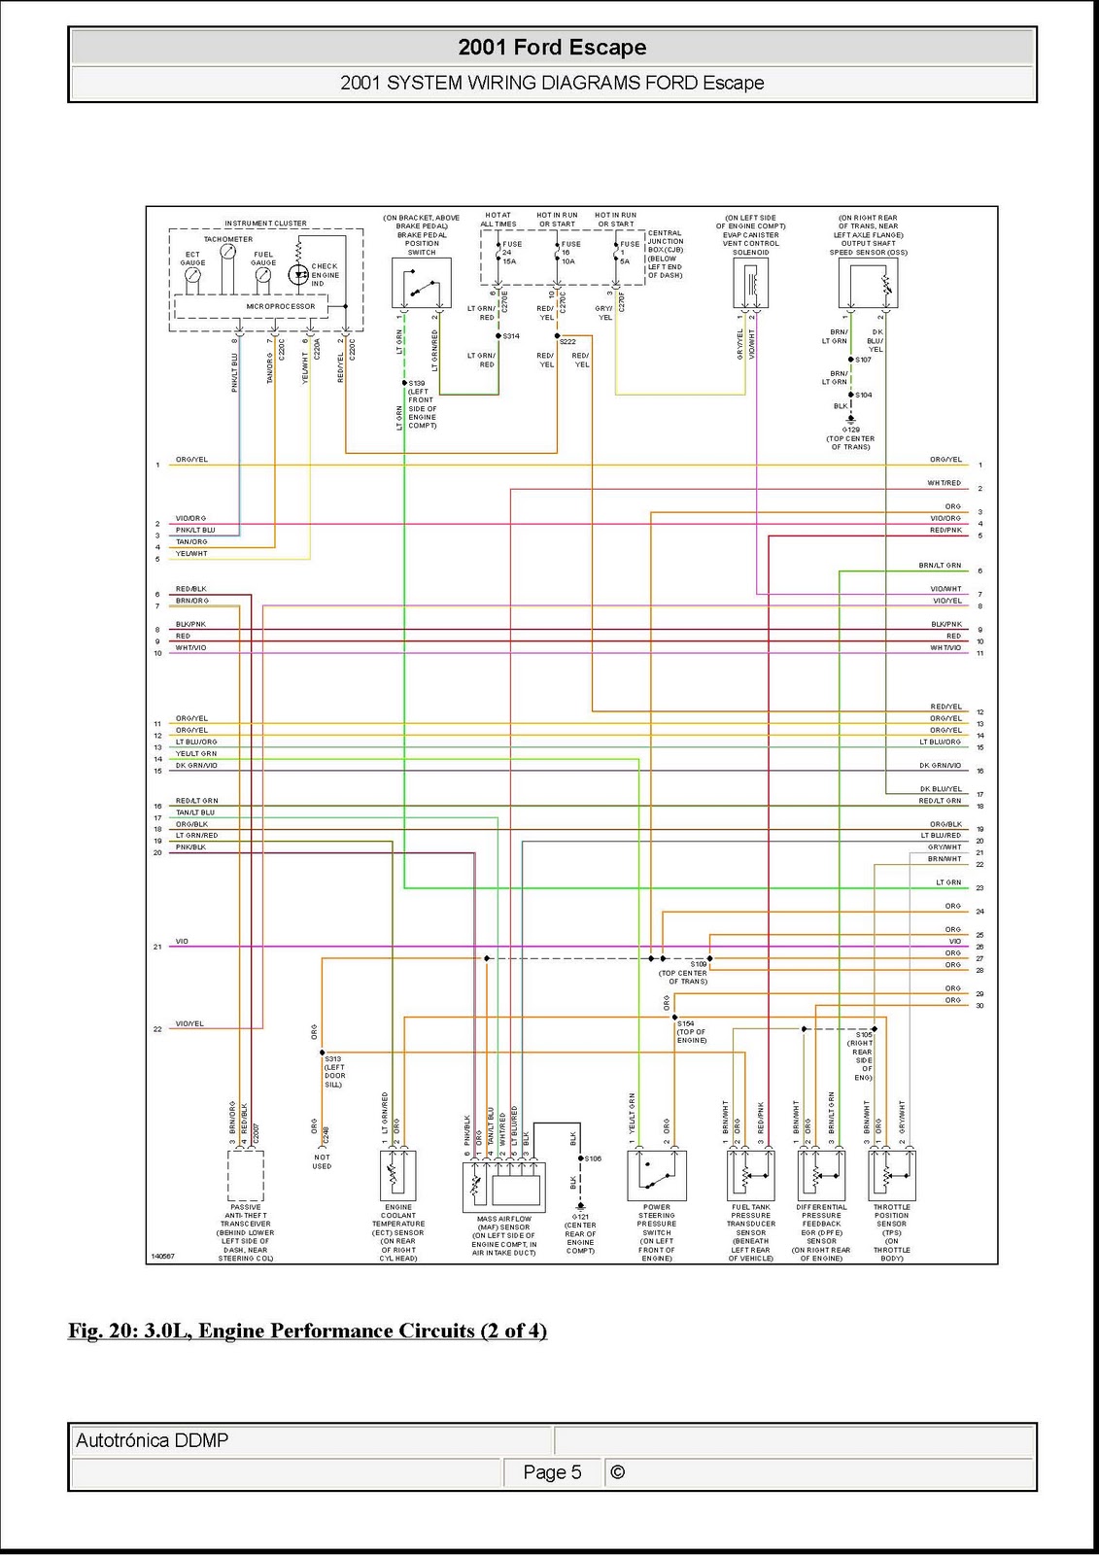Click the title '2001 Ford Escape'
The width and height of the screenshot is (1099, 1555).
click(552, 47)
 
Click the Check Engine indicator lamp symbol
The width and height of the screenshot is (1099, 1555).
click(299, 275)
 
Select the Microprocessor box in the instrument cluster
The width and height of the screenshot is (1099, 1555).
click(280, 306)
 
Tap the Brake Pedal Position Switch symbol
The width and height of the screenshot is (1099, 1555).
click(421, 283)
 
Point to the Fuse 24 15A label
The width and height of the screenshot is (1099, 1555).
click(510, 253)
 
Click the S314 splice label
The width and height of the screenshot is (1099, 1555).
click(511, 336)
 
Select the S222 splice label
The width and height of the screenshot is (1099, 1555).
click(567, 342)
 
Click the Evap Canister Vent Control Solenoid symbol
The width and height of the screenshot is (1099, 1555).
click(751, 283)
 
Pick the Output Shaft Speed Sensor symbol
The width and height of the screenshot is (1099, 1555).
click(868, 283)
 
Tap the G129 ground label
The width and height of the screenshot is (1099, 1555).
click(851, 430)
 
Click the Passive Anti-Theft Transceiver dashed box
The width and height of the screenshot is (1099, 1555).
click(246, 1175)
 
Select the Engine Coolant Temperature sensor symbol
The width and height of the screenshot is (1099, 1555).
click(397, 1175)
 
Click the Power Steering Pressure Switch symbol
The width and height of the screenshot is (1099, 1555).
click(657, 1175)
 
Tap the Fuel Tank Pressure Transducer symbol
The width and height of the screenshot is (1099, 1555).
click(751, 1175)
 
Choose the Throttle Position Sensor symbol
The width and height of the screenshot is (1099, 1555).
click(891, 1175)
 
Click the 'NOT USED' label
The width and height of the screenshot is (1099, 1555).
click(322, 1161)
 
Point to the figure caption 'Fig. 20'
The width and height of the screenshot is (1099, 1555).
click(307, 1330)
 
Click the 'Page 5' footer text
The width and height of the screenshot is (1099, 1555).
click(552, 1472)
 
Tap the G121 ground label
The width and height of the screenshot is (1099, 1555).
click(580, 1217)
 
